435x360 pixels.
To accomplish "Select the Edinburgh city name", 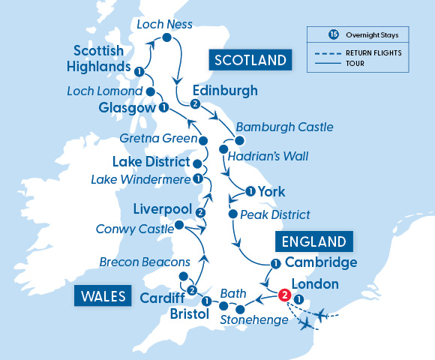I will [225, 91].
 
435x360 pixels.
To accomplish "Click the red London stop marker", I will [284, 295].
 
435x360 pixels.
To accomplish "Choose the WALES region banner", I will [100, 295].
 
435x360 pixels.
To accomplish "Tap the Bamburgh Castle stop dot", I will [240, 140].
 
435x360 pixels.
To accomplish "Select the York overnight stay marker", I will [249, 192].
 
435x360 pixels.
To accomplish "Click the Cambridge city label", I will [321, 263].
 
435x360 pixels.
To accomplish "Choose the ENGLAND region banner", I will [314, 241].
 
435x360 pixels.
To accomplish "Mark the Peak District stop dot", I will [232, 214].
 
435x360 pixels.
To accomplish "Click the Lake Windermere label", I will [139, 179].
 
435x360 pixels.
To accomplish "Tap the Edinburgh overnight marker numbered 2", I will [195, 103].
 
